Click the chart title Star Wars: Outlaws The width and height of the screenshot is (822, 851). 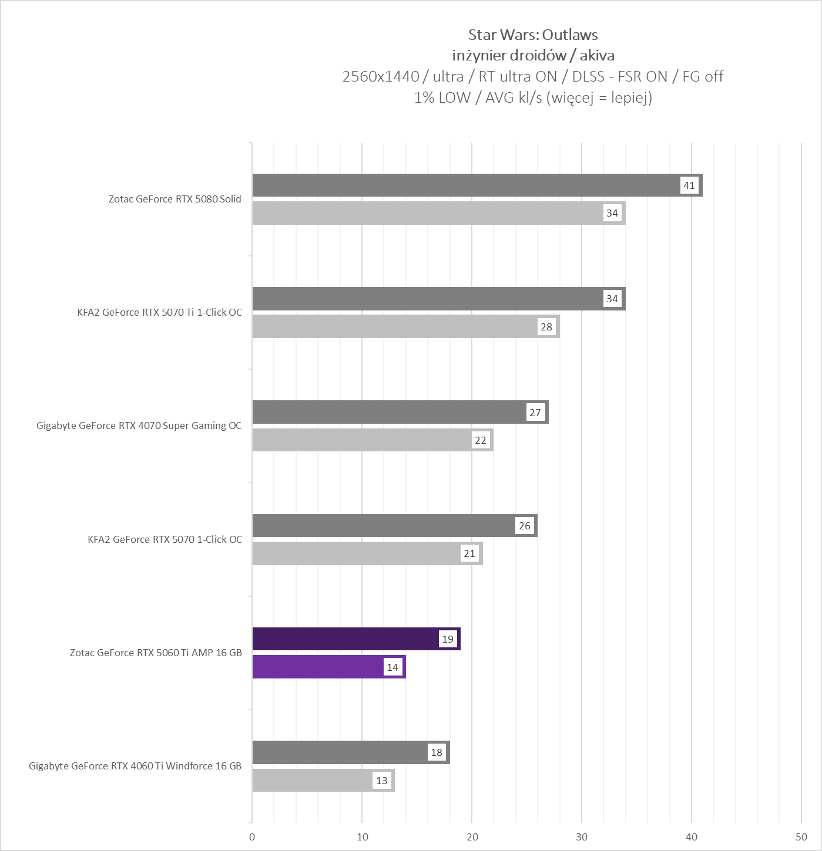(x=533, y=35)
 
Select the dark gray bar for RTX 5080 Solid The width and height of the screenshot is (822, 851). (x=464, y=185)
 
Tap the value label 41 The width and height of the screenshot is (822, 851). (x=689, y=185)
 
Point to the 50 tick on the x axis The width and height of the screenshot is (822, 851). (x=801, y=837)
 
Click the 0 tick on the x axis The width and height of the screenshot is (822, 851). (x=252, y=837)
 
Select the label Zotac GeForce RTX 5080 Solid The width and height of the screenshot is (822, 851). (x=175, y=199)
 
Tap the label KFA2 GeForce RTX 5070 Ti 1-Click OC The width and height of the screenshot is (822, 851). (x=159, y=312)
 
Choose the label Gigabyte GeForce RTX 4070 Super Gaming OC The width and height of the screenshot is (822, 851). (x=139, y=425)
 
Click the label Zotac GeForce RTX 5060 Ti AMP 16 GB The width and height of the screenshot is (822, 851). (x=156, y=653)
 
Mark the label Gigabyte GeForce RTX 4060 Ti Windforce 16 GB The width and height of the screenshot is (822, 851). (x=135, y=766)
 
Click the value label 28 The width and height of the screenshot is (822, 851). (x=546, y=327)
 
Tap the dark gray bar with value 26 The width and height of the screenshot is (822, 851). (x=382, y=526)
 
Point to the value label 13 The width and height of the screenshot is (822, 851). (x=382, y=781)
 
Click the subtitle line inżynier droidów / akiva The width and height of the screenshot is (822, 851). (x=533, y=56)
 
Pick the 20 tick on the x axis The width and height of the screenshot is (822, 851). (x=472, y=837)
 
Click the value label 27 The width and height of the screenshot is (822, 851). (x=535, y=413)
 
